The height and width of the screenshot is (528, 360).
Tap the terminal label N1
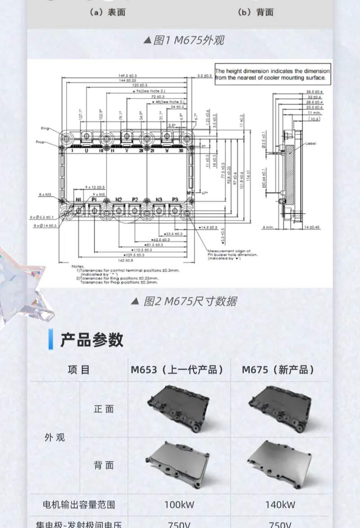pyautogui.click(x=78, y=199)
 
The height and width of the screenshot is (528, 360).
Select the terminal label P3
pyautogui.click(x=175, y=199)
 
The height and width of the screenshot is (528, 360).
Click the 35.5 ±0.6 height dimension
pyautogui.click(x=314, y=92)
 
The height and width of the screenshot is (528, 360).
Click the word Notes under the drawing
pyautogui.click(x=77, y=266)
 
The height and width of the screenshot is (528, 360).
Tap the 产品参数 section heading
pyautogui.click(x=92, y=340)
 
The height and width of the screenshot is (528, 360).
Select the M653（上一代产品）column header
pyautogui.click(x=178, y=370)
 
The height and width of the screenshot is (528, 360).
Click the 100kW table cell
pyautogui.click(x=179, y=504)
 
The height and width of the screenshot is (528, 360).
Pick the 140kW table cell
pyautogui.click(x=280, y=504)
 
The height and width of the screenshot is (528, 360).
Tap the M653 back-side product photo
pyautogui.click(x=179, y=464)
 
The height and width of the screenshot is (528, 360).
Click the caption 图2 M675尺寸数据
pyautogui.click(x=190, y=301)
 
